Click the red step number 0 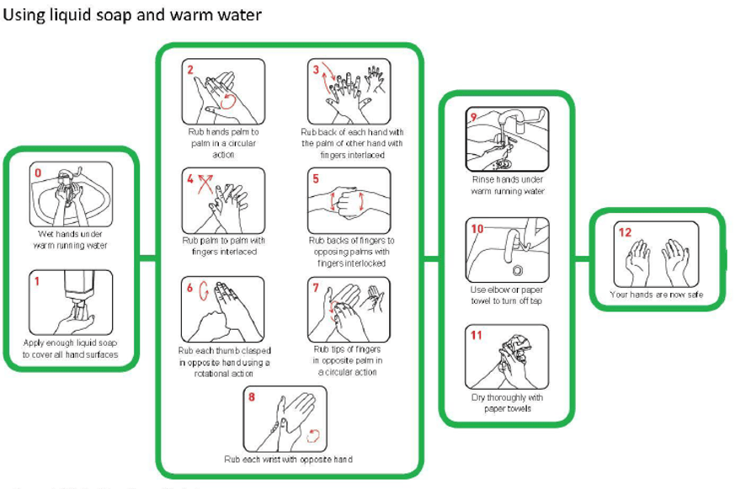pyautogui.click(x=37, y=173)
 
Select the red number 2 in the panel pyautogui.click(x=191, y=70)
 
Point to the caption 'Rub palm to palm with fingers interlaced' pyautogui.click(x=223, y=246)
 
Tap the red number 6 pyautogui.click(x=191, y=288)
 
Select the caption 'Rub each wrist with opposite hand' pyautogui.click(x=287, y=460)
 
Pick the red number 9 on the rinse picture pyautogui.click(x=474, y=117)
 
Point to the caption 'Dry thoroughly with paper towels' pyautogui.click(x=507, y=403)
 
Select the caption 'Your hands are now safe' pyautogui.click(x=656, y=295)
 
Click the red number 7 pyautogui.click(x=316, y=288)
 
